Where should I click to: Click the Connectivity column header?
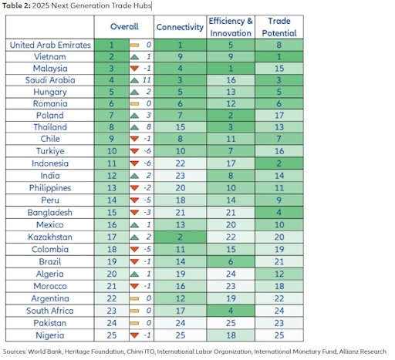[180, 27]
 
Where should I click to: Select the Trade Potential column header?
[279, 27]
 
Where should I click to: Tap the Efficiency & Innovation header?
[231, 27]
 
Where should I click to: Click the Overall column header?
[124, 26]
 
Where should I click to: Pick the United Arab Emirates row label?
[50, 45]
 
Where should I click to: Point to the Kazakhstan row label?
[50, 237]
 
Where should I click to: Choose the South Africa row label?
[50, 311]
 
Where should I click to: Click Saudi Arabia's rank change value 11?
[147, 80]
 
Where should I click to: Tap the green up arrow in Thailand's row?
[134, 127]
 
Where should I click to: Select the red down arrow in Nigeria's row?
[134, 335]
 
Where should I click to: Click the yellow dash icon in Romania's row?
[134, 104]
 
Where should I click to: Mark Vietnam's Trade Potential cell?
[279, 57]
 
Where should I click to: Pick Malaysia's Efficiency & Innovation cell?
[231, 69]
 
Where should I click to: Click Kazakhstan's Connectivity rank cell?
[180, 237]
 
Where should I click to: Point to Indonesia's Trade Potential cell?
[279, 163]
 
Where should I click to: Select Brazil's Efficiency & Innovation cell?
[231, 261]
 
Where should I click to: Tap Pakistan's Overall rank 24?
[112, 323]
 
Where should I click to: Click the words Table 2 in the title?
[16, 5]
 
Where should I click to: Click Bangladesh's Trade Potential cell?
[279, 213]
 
